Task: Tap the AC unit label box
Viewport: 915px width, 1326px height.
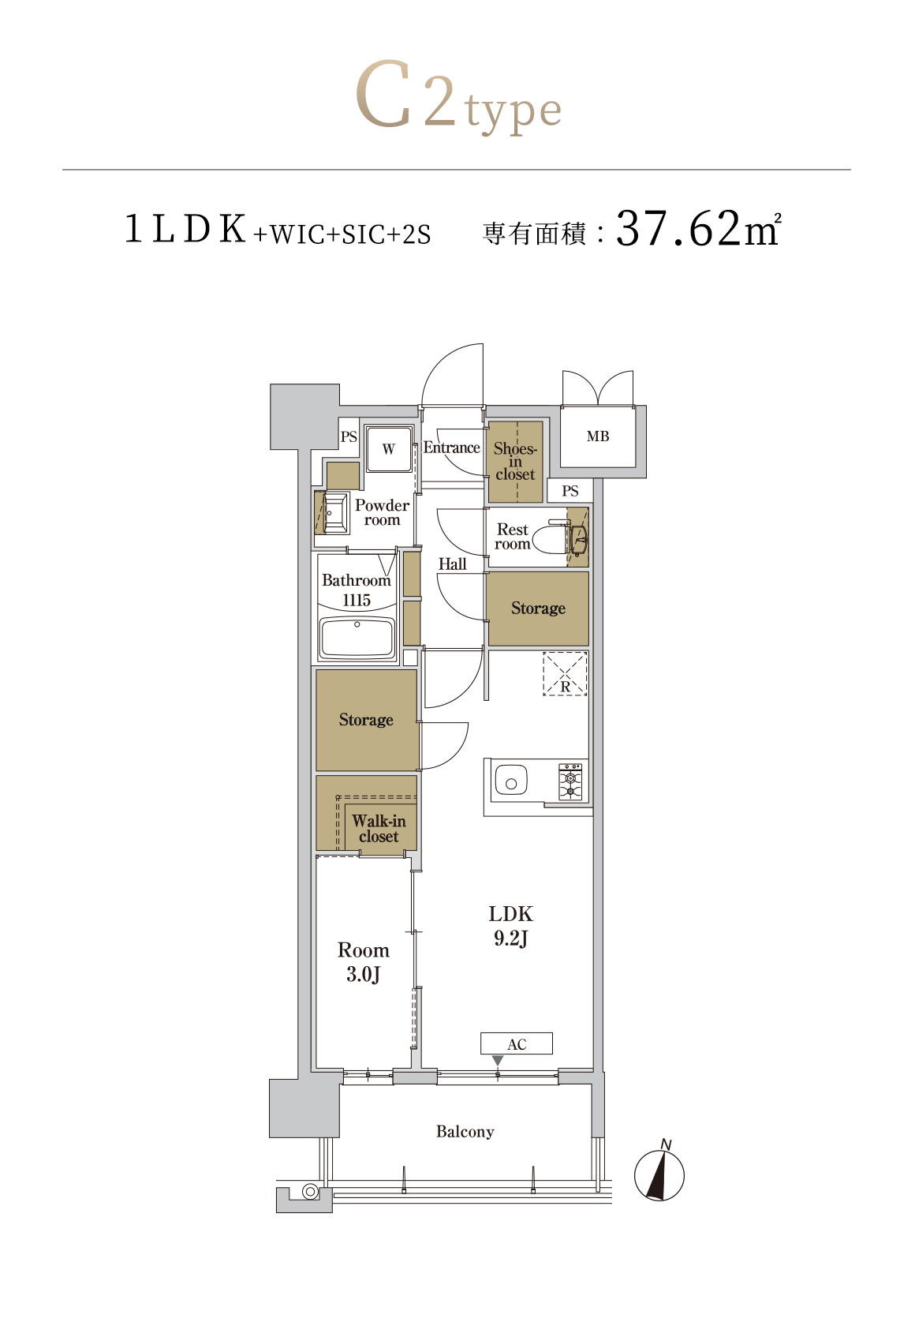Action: pyautogui.click(x=516, y=1043)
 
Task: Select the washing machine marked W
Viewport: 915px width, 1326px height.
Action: pyautogui.click(x=388, y=448)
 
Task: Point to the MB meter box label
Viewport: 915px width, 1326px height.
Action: pyautogui.click(x=597, y=436)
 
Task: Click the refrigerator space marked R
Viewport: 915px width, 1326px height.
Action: pyautogui.click(x=565, y=673)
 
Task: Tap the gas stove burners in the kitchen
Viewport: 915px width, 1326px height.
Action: pyautogui.click(x=570, y=781)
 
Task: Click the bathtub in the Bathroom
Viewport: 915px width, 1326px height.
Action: pyautogui.click(x=357, y=638)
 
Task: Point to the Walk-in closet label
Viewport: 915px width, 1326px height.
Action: pyautogui.click(x=379, y=828)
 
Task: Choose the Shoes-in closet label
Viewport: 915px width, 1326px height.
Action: pyautogui.click(x=515, y=461)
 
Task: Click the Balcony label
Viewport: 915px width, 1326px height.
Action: pyautogui.click(x=465, y=1131)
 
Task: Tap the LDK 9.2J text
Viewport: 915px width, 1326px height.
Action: pyautogui.click(x=510, y=925)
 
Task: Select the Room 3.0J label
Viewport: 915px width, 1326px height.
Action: pyautogui.click(x=363, y=962)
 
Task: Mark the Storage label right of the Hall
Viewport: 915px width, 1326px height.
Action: pyautogui.click(x=538, y=608)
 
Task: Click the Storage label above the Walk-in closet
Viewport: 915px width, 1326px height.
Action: pyautogui.click(x=366, y=719)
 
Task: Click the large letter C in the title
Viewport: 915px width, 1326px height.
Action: pyautogui.click(x=384, y=93)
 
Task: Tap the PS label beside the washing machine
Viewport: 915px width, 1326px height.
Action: pyautogui.click(x=349, y=437)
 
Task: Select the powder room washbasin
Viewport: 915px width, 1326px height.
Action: pyautogui.click(x=335, y=513)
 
